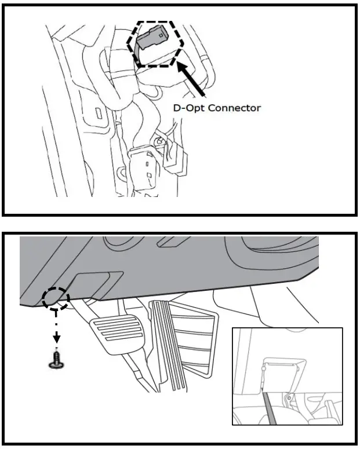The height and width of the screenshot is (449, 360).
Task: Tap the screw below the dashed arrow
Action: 56,359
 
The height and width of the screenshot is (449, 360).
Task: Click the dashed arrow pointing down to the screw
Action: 56,330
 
